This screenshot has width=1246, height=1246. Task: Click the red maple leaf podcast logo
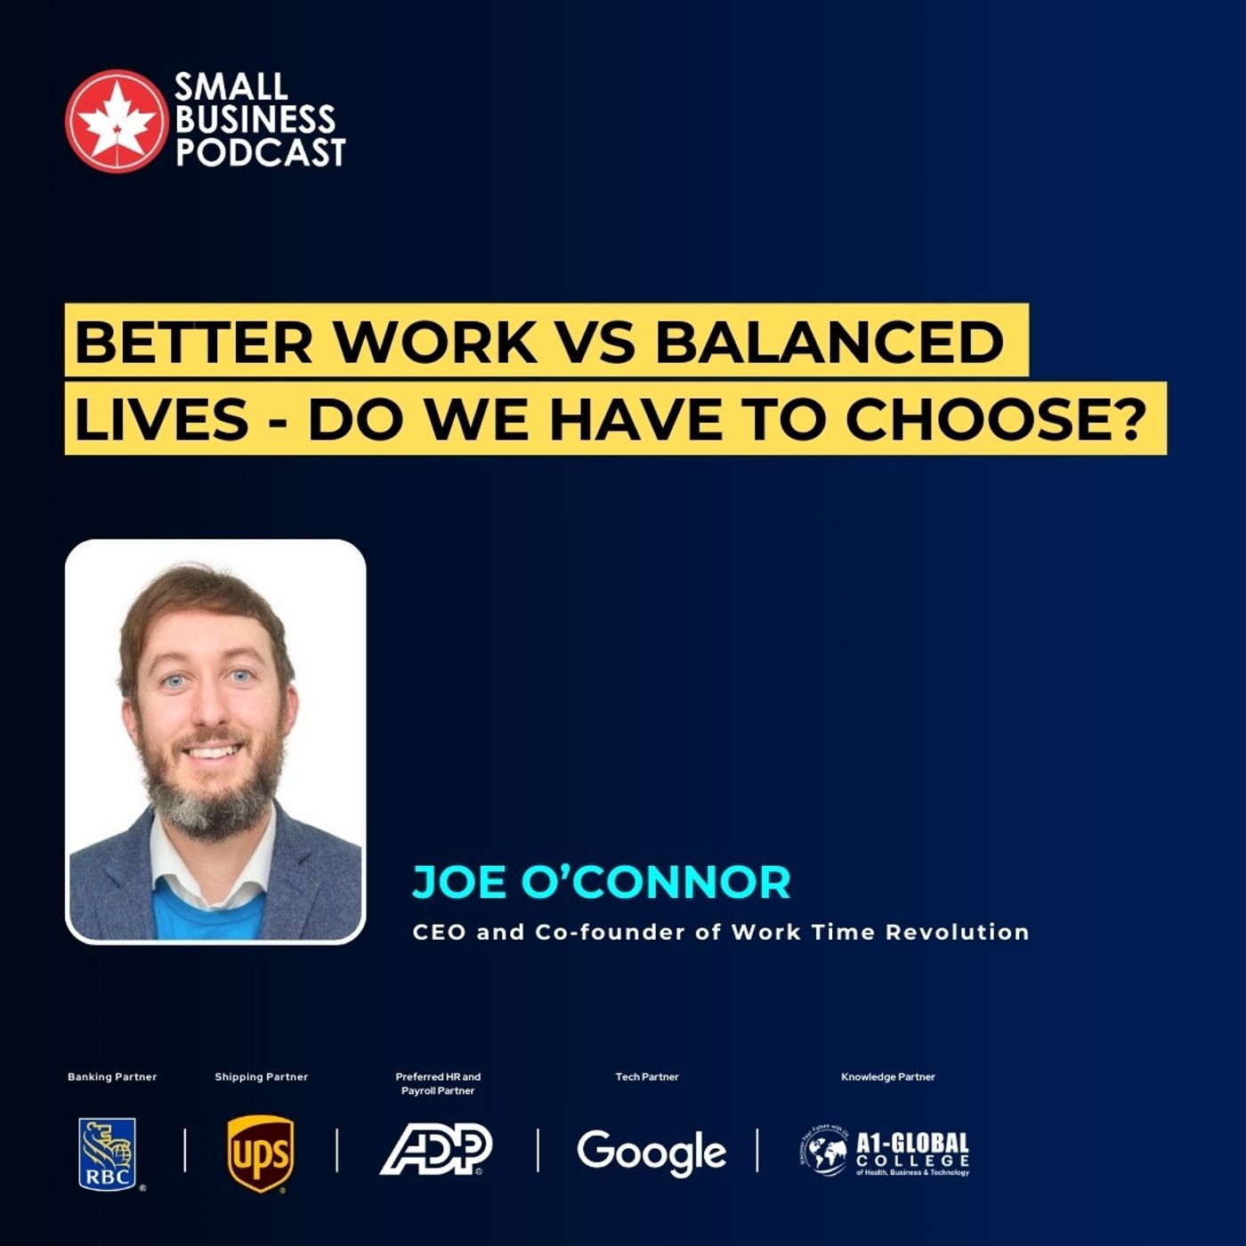[x=116, y=120]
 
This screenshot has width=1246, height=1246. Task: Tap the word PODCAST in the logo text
[x=260, y=152]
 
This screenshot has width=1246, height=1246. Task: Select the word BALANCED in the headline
[x=829, y=341]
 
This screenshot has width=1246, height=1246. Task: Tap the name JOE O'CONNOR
[x=602, y=882]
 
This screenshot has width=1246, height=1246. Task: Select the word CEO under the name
[x=439, y=933]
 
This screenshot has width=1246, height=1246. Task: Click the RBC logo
[x=109, y=1153]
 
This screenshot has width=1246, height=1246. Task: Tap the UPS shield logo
[x=261, y=1153]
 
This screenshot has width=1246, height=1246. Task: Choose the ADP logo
[x=436, y=1149]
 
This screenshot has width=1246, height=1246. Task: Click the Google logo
[x=651, y=1152]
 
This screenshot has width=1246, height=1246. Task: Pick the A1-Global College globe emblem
[x=823, y=1152]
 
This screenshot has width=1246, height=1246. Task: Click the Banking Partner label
[x=112, y=1077]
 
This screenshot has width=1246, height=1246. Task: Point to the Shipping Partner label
[x=261, y=1077]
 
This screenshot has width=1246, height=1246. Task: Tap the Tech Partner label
[x=647, y=1077]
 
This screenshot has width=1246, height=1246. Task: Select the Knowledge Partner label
[x=888, y=1077]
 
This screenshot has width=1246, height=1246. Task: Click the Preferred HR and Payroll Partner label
[x=438, y=1083]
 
